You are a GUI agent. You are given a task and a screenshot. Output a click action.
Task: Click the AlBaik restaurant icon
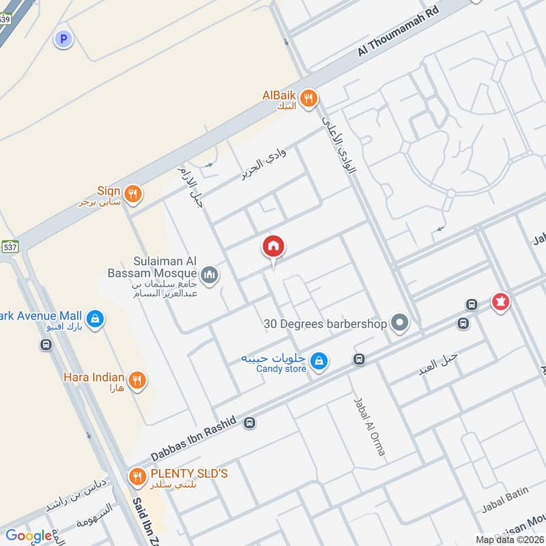(x=309, y=98)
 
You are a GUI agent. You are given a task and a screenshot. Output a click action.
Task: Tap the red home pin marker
(x=274, y=247)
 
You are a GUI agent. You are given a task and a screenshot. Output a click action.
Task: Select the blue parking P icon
(x=63, y=40)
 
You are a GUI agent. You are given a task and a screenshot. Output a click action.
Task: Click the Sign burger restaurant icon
(x=133, y=192)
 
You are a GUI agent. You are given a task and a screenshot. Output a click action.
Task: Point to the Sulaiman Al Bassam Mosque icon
(x=210, y=275)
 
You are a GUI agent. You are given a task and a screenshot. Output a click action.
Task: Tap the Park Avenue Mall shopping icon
(x=95, y=317)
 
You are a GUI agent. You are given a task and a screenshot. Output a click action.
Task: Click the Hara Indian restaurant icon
(x=137, y=379)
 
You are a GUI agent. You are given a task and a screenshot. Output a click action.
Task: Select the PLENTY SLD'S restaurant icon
(x=137, y=475)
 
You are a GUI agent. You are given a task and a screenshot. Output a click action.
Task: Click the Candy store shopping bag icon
(x=317, y=361)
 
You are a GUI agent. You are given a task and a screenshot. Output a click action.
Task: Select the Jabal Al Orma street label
(x=369, y=427)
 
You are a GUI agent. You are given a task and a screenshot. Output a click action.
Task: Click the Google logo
(x=29, y=536)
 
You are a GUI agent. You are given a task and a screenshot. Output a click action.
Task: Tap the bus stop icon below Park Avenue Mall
(x=46, y=345)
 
